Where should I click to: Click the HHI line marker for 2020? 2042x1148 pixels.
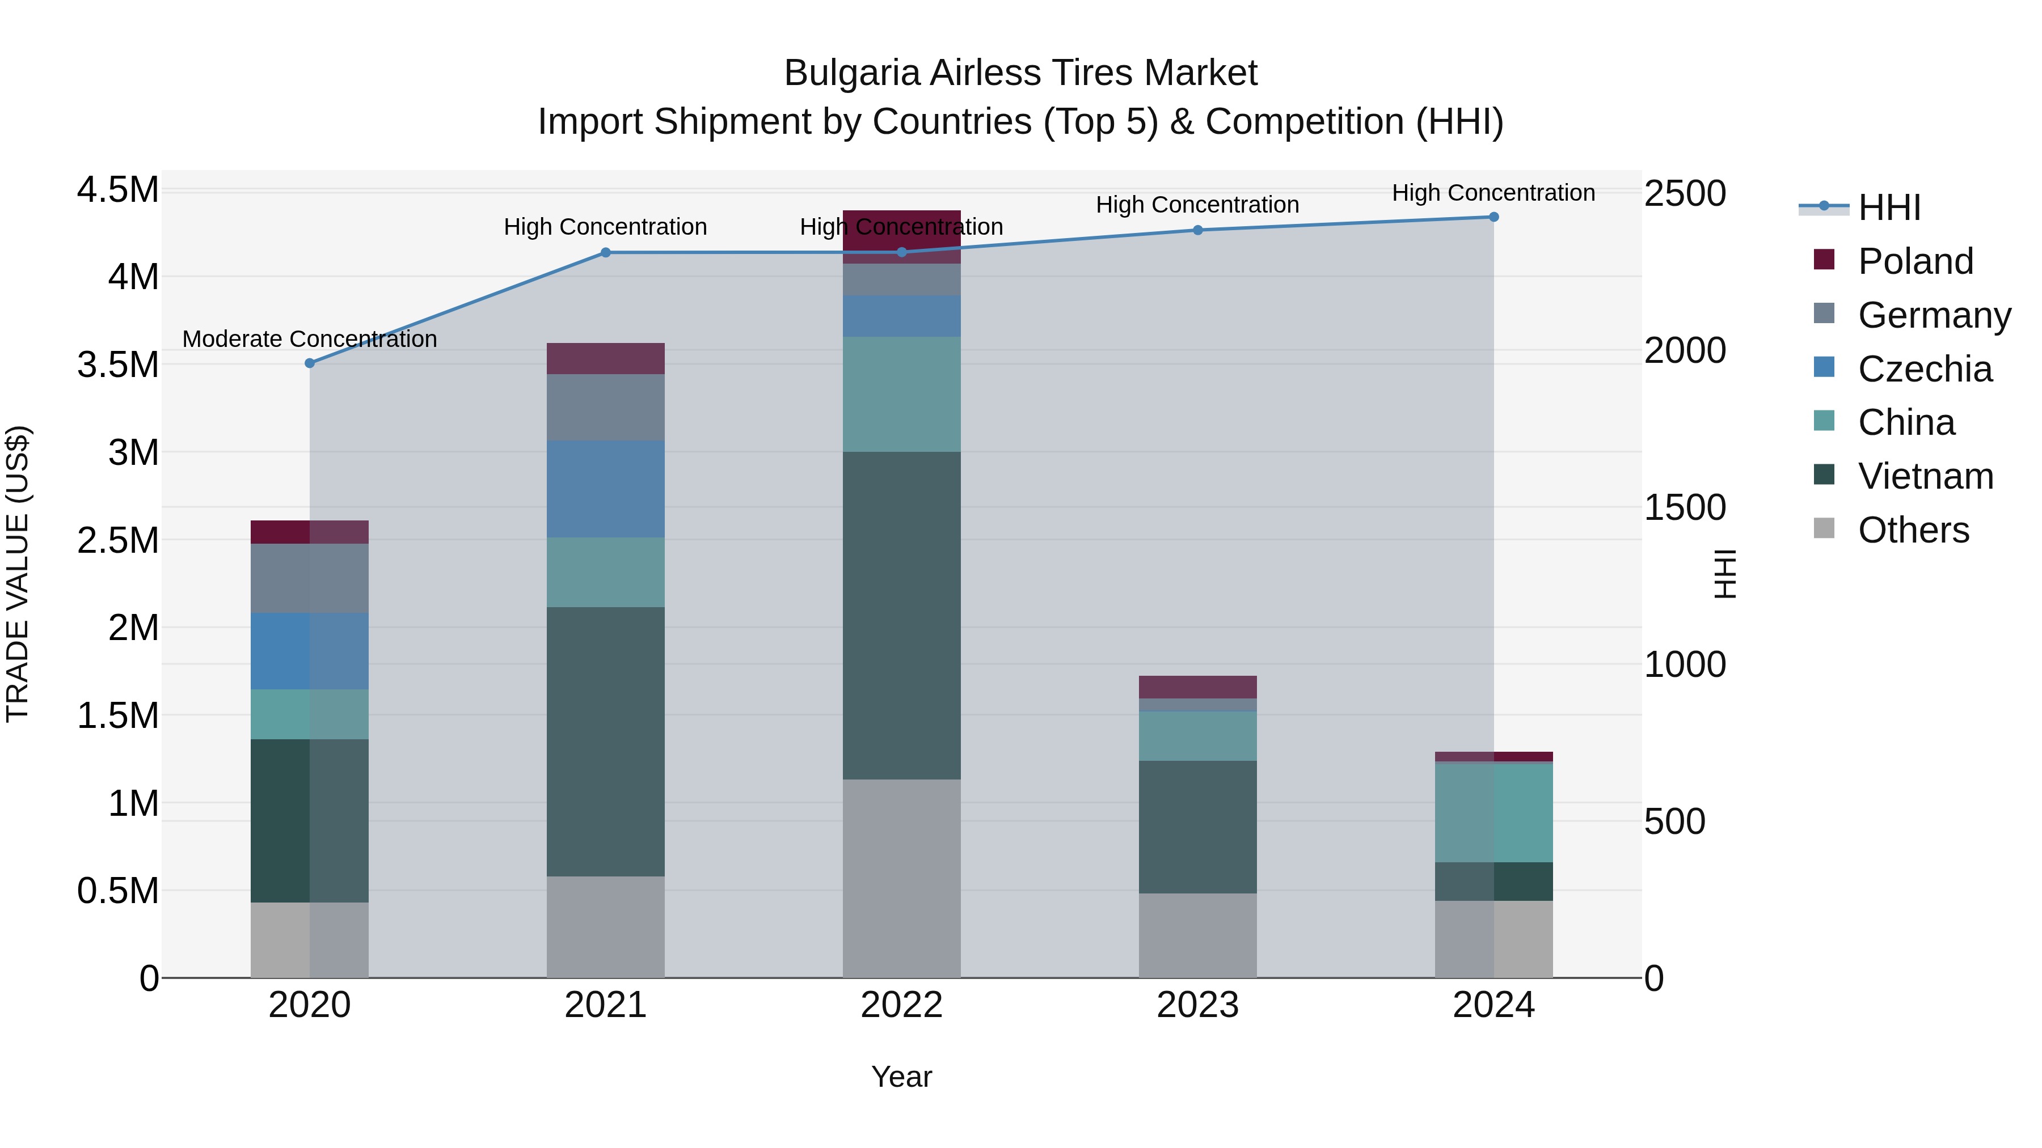click(x=310, y=363)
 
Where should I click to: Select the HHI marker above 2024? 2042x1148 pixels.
click(x=1493, y=217)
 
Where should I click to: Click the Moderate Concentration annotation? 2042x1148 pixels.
click(x=310, y=339)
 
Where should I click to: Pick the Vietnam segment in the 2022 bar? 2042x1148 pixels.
click(x=901, y=616)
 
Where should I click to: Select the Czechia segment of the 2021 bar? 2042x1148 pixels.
click(x=606, y=489)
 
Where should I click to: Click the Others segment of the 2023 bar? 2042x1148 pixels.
click(x=1198, y=935)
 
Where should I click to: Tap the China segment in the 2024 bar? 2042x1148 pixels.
click(x=1493, y=812)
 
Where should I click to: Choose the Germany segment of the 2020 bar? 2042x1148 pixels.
click(x=310, y=578)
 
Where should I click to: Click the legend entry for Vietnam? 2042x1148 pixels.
click(x=1925, y=476)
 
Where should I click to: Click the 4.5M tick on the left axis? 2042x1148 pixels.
click(x=117, y=190)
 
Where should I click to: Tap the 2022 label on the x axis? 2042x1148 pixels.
click(x=901, y=1005)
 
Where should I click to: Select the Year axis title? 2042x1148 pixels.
click(x=901, y=1077)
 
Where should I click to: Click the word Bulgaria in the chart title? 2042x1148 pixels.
click(x=852, y=73)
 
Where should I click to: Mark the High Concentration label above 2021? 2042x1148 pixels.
click(x=606, y=227)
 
